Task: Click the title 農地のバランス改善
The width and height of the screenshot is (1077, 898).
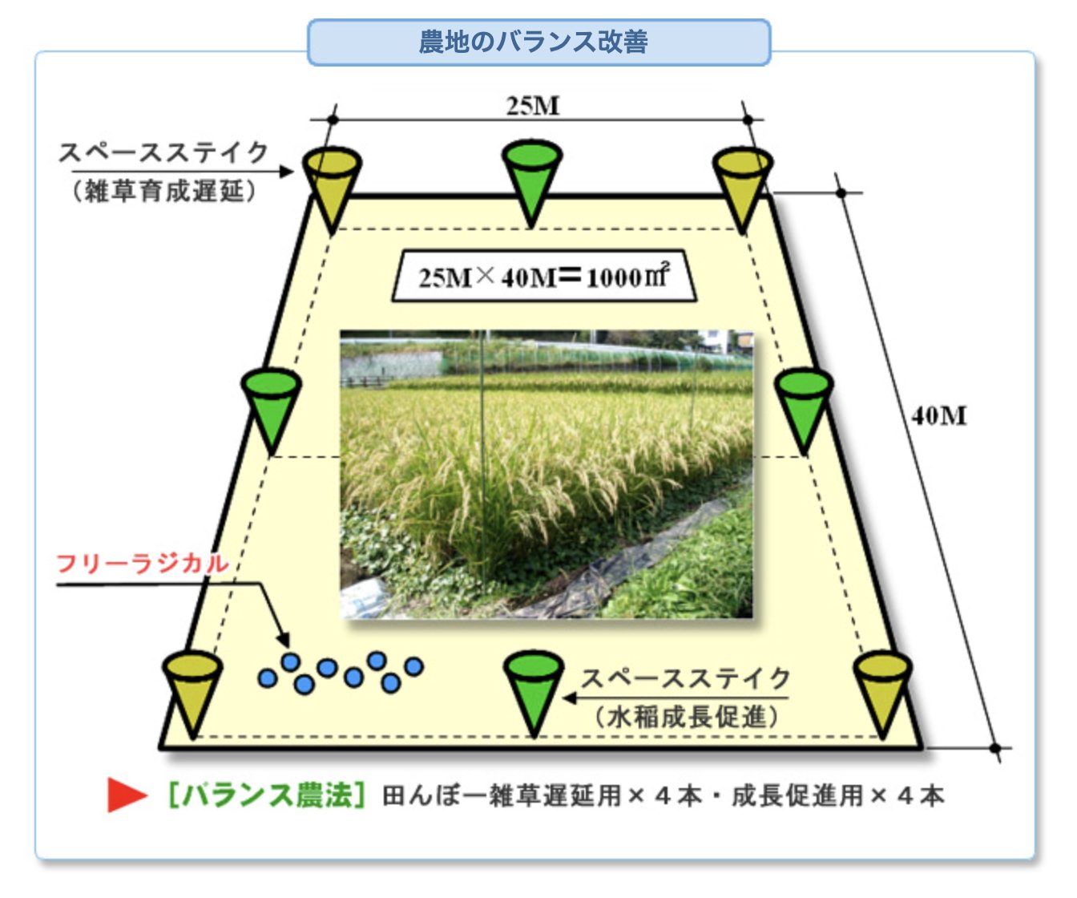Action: pyautogui.click(x=534, y=42)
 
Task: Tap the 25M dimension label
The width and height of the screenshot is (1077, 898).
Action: pyautogui.click(x=533, y=105)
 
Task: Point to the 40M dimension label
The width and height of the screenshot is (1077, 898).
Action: pyautogui.click(x=938, y=416)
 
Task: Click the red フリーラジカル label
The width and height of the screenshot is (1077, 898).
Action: pyautogui.click(x=143, y=564)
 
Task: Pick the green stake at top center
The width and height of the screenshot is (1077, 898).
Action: pyautogui.click(x=531, y=180)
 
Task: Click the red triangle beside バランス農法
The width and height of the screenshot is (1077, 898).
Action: pyautogui.click(x=127, y=795)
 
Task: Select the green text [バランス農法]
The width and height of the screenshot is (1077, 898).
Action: pyautogui.click(x=266, y=795)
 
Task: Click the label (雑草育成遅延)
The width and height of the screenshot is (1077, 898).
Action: pyautogui.click(x=164, y=191)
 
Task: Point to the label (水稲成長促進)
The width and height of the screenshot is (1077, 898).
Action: pyautogui.click(x=687, y=716)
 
